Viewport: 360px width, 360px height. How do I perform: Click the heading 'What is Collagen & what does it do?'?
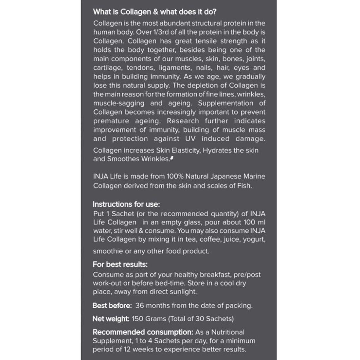pyautogui.click(x=154, y=12)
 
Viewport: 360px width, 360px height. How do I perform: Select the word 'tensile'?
pyautogui.click(x=206, y=41)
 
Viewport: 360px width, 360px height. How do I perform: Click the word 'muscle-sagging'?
pyautogui.click(x=119, y=103)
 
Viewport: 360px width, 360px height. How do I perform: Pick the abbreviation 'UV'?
pyautogui.click(x=190, y=138)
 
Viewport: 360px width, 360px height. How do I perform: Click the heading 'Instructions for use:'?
pyautogui.click(x=126, y=204)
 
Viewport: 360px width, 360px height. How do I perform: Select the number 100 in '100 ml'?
pyautogui.click(x=246, y=222)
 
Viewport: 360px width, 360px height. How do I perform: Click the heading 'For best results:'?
pyautogui.click(x=120, y=264)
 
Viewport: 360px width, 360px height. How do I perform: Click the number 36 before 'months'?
pyautogui.click(x=140, y=306)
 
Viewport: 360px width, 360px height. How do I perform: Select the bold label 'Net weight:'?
pyautogui.click(x=111, y=319)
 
